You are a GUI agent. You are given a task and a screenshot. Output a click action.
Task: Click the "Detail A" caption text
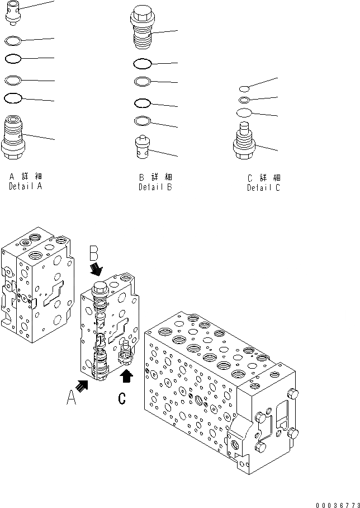pyautogui.click(x=25, y=187)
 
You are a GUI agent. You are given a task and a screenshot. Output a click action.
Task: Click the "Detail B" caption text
pyautogui.click(x=155, y=187)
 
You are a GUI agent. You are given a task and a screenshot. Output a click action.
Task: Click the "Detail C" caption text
pyautogui.click(x=263, y=188)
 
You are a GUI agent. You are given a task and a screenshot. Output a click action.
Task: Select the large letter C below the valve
pyautogui.click(x=122, y=398)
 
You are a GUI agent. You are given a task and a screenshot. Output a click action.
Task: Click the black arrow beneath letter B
pyautogui.click(x=97, y=270)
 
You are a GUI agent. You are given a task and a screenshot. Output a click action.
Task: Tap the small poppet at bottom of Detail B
pyautogui.click(x=143, y=148)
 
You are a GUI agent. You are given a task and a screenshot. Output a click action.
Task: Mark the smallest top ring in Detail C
pyautogui.click(x=244, y=88)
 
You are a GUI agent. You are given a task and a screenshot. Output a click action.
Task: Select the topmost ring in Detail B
pyautogui.click(x=143, y=63)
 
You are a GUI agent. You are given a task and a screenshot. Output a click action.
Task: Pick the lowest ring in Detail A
pyautogui.click(x=12, y=98)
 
